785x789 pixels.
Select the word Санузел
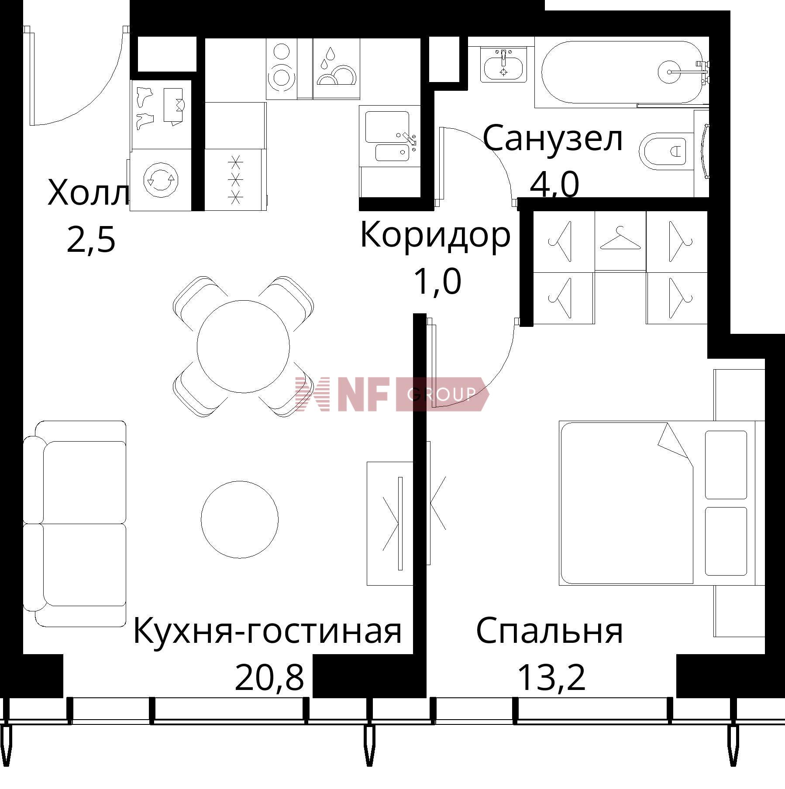tap(553, 138)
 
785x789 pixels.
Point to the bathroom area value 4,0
tap(554, 185)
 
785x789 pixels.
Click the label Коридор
tap(435, 235)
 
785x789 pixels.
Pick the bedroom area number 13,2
tap(551, 678)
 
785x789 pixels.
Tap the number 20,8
tap(269, 678)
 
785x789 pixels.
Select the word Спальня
tap(549, 631)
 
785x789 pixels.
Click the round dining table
tap(243, 346)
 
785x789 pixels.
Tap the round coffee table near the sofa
tap(239, 520)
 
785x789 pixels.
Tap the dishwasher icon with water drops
tap(336, 69)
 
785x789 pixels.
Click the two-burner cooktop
tap(281, 69)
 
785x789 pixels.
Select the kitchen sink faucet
tap(410, 139)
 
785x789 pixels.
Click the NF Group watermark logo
tap(391, 394)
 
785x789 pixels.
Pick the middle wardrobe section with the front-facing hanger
tap(620, 241)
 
